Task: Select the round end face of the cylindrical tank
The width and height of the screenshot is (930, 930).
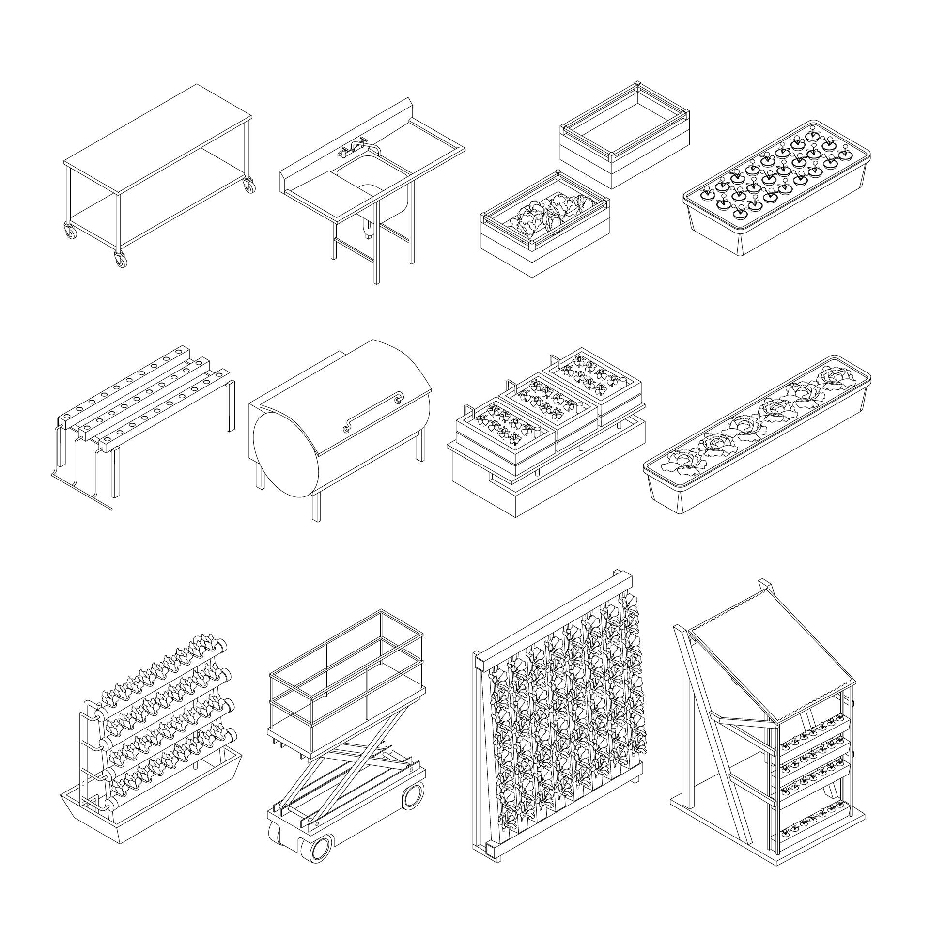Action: tap(286, 455)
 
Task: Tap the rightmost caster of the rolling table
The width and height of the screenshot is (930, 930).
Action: tap(248, 186)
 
